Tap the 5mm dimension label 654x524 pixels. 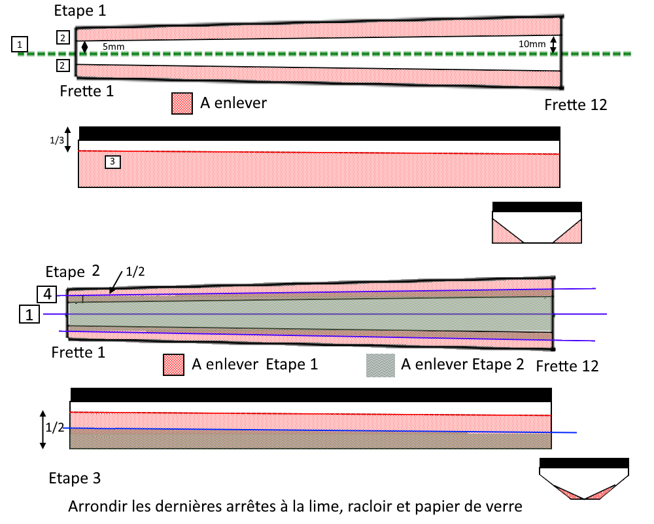tap(112, 47)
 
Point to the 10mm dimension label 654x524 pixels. tap(531, 43)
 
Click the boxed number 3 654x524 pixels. tap(112, 161)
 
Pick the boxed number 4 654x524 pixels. tap(47, 294)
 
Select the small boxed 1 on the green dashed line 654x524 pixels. tap(20, 45)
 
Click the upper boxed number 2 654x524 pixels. tap(62, 37)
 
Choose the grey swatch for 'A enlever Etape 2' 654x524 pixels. tap(379, 365)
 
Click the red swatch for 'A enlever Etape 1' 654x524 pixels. tap(173, 365)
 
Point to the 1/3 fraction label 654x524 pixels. tap(57, 140)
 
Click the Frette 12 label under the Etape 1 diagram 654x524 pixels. tap(576, 105)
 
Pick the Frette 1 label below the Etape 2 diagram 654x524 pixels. tap(79, 352)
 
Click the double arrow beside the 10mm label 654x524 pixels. tap(553, 45)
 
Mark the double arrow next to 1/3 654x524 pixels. tap(68, 140)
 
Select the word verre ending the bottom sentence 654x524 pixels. tap(506, 506)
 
